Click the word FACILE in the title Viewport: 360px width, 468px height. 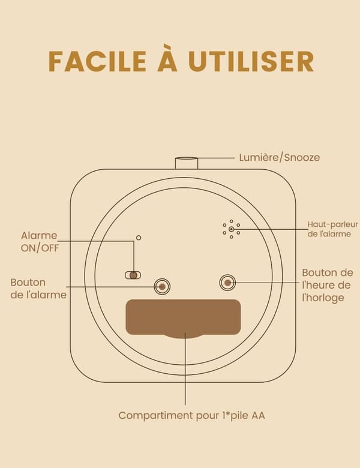[x=97, y=62]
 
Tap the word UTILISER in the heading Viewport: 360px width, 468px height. [x=251, y=62]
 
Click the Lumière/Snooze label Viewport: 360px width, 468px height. [x=280, y=157]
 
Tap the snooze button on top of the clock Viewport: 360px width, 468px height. [x=186, y=163]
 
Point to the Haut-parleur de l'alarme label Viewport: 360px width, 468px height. [x=332, y=229]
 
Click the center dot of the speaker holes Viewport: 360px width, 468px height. [x=232, y=229]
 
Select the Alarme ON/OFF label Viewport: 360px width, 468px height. [x=40, y=242]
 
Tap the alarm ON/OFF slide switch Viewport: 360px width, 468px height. [x=133, y=275]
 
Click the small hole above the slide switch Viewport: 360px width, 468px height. [x=139, y=238]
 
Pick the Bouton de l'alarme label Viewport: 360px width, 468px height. [x=38, y=289]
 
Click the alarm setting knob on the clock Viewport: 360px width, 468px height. [x=162, y=287]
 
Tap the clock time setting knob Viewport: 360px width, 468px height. [x=227, y=283]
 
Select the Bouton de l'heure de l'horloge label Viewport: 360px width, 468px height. [x=328, y=285]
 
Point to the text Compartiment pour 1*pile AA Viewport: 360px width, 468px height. [x=191, y=415]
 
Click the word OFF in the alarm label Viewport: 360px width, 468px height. [x=50, y=248]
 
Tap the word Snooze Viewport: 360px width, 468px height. [x=302, y=157]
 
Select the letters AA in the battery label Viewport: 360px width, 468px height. [x=258, y=415]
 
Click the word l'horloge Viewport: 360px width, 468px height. [x=323, y=298]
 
